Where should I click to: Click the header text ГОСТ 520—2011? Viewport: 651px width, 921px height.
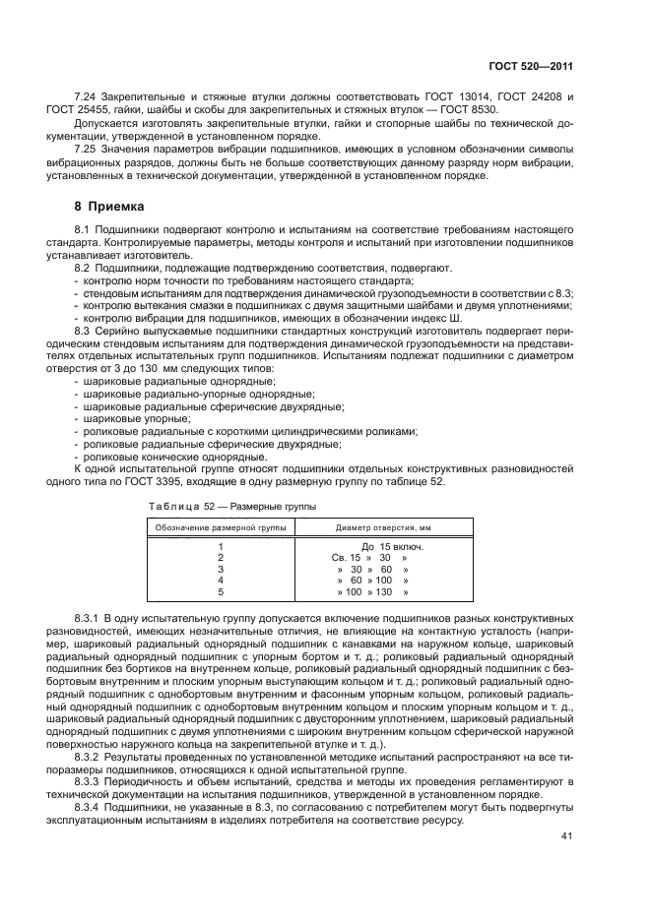[532, 66]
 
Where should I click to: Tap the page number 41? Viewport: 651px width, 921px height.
[566, 836]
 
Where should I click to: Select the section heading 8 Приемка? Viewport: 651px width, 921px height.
[109, 208]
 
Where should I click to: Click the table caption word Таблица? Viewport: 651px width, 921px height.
[172, 507]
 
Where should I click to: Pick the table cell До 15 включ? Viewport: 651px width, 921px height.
[391, 545]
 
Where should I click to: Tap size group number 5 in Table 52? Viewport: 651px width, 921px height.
[220, 592]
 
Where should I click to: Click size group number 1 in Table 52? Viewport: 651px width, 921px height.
[220, 545]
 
